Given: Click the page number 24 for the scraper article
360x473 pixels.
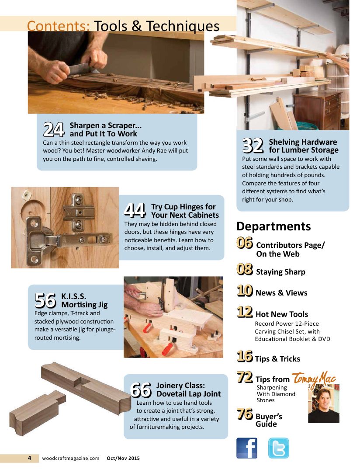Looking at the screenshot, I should tap(54, 129).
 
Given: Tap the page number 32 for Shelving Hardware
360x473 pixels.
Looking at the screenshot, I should tap(253, 146).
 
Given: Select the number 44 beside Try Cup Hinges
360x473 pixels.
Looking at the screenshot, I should tap(135, 210).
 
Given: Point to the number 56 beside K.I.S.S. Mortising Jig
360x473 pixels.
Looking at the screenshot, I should tap(45, 300).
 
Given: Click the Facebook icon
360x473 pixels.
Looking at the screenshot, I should tap(246, 448).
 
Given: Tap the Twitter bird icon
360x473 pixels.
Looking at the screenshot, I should tap(278, 448).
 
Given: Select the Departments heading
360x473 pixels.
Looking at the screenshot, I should tap(273, 226).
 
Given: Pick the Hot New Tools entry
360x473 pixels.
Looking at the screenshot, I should tap(282, 314).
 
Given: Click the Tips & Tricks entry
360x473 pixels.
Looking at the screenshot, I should tap(277, 359).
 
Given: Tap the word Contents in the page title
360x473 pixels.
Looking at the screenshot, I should tap(58, 26).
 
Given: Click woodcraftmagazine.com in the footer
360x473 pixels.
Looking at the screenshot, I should tap(71, 458).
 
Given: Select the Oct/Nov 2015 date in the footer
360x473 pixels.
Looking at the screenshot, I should tap(123, 458).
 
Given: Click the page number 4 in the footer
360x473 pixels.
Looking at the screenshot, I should tap(29, 458).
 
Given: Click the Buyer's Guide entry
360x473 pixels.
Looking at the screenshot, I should tap(269, 420).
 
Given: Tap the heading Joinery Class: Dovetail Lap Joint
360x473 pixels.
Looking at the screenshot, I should tap(188, 390).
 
